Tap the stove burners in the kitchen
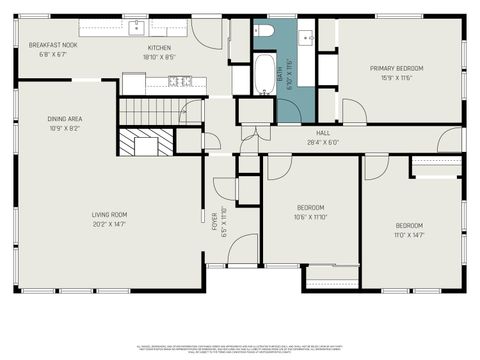(180, 81)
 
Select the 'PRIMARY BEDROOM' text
(396, 68)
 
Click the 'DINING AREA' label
(64, 119)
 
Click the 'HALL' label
(323, 132)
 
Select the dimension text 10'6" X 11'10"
(310, 217)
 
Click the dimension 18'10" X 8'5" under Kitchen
(159, 57)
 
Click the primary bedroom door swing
(352, 111)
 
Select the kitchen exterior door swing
(208, 32)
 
